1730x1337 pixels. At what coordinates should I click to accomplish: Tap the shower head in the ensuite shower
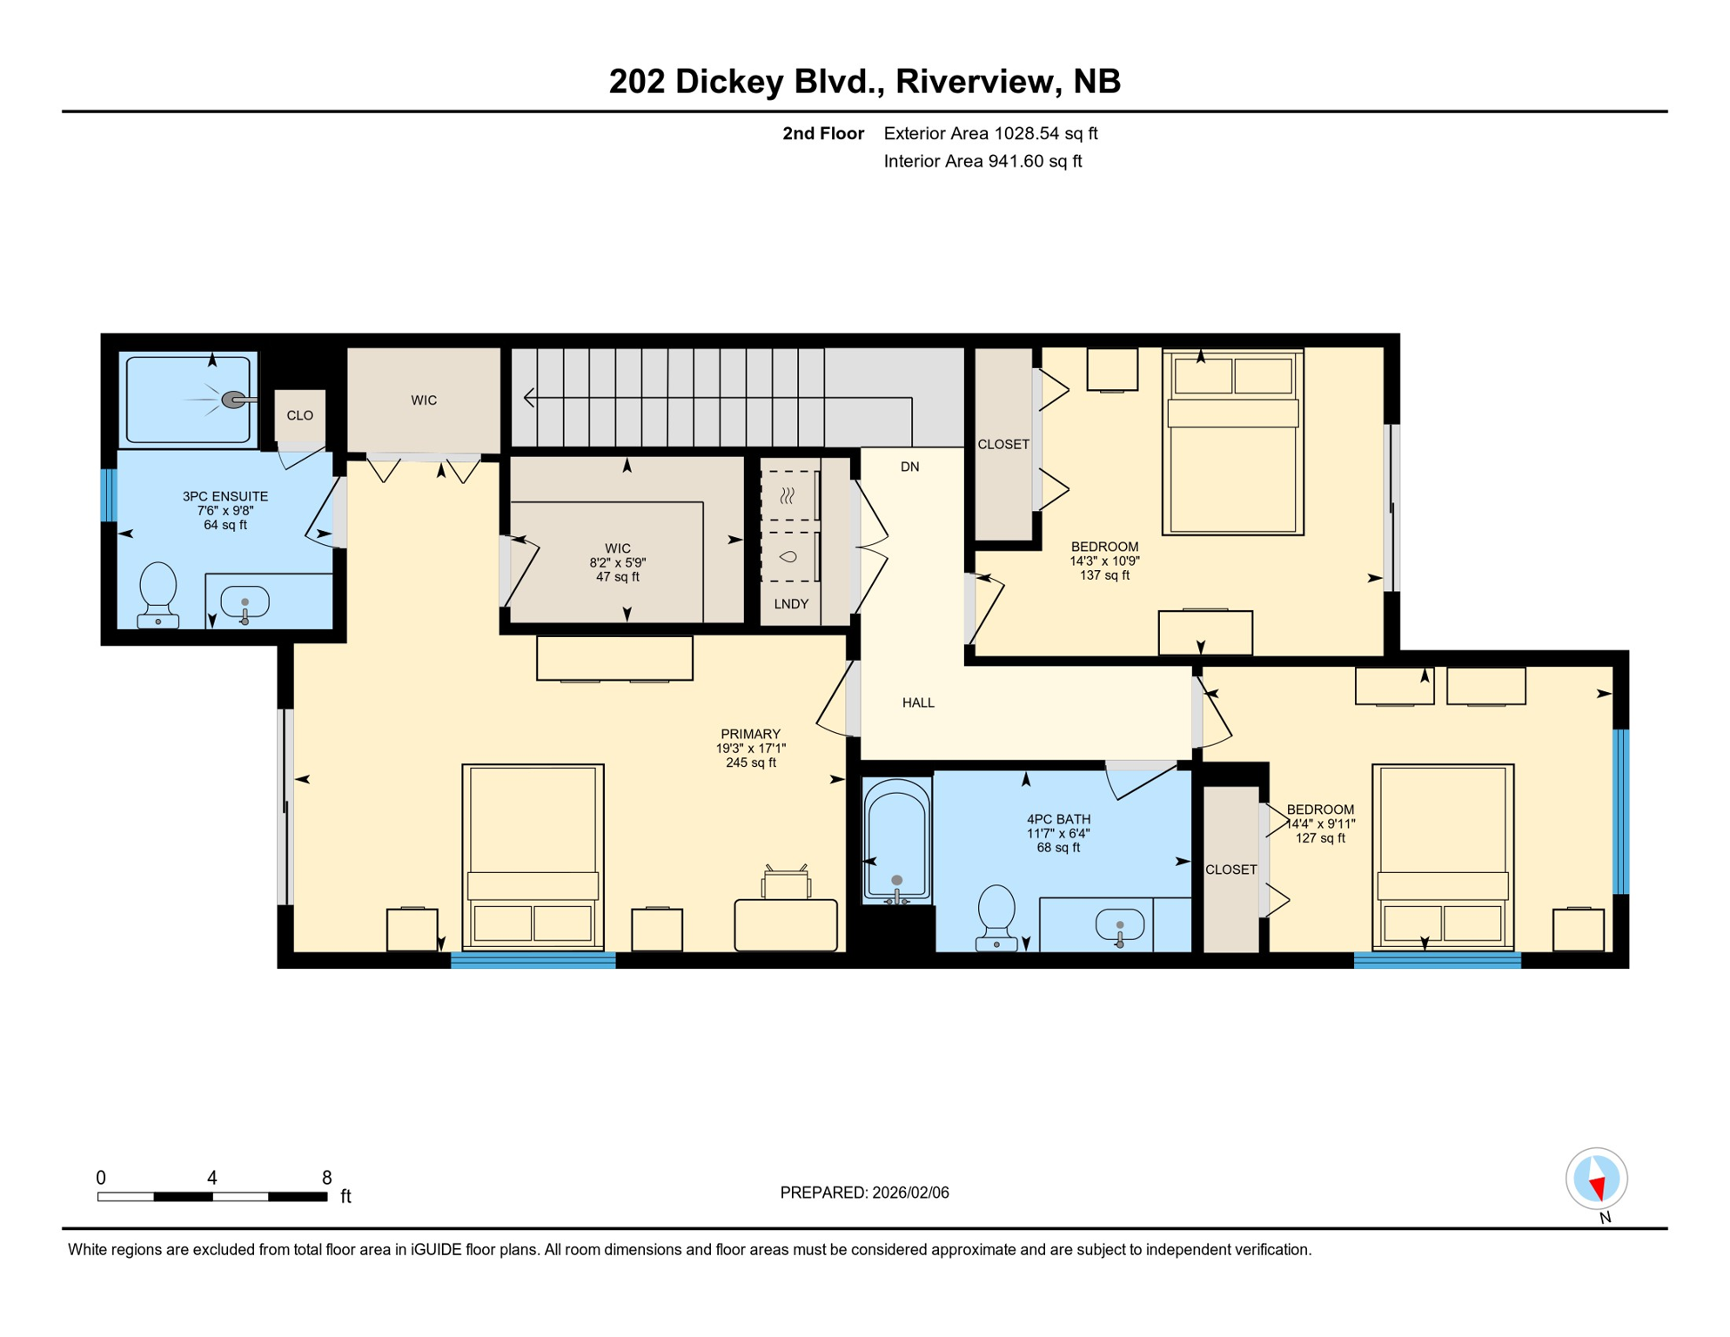click(233, 400)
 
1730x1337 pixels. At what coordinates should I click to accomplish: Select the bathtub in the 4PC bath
click(896, 840)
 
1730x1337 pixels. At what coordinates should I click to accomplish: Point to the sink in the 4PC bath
click(1119, 926)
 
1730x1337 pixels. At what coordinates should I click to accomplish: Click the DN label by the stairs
click(909, 467)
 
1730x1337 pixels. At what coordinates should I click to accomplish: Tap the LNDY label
click(791, 603)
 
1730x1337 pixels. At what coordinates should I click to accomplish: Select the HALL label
click(918, 702)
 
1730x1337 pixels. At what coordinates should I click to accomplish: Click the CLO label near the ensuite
click(299, 415)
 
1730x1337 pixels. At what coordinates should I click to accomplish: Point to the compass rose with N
click(1596, 1179)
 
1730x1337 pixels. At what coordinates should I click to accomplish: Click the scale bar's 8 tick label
click(326, 1178)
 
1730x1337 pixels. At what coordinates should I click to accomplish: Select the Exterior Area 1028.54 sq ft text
click(990, 133)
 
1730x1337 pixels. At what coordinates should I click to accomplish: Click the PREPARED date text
click(864, 1193)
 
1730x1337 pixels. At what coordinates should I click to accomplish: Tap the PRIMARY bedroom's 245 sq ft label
click(750, 763)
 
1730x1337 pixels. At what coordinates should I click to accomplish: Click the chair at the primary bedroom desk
click(786, 883)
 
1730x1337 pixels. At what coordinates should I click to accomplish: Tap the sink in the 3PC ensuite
click(245, 602)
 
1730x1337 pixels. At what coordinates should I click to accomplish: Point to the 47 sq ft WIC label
click(617, 577)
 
